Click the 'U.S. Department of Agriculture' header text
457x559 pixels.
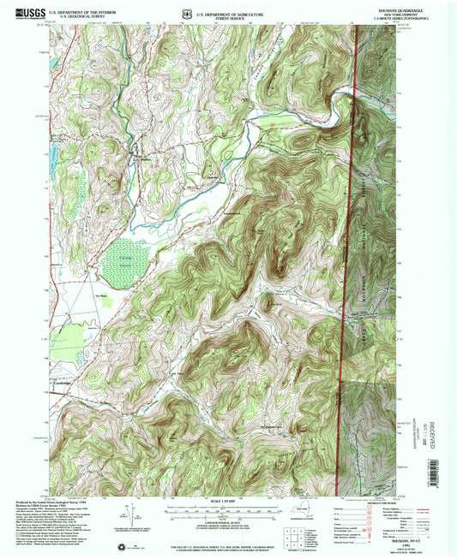[229, 13]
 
